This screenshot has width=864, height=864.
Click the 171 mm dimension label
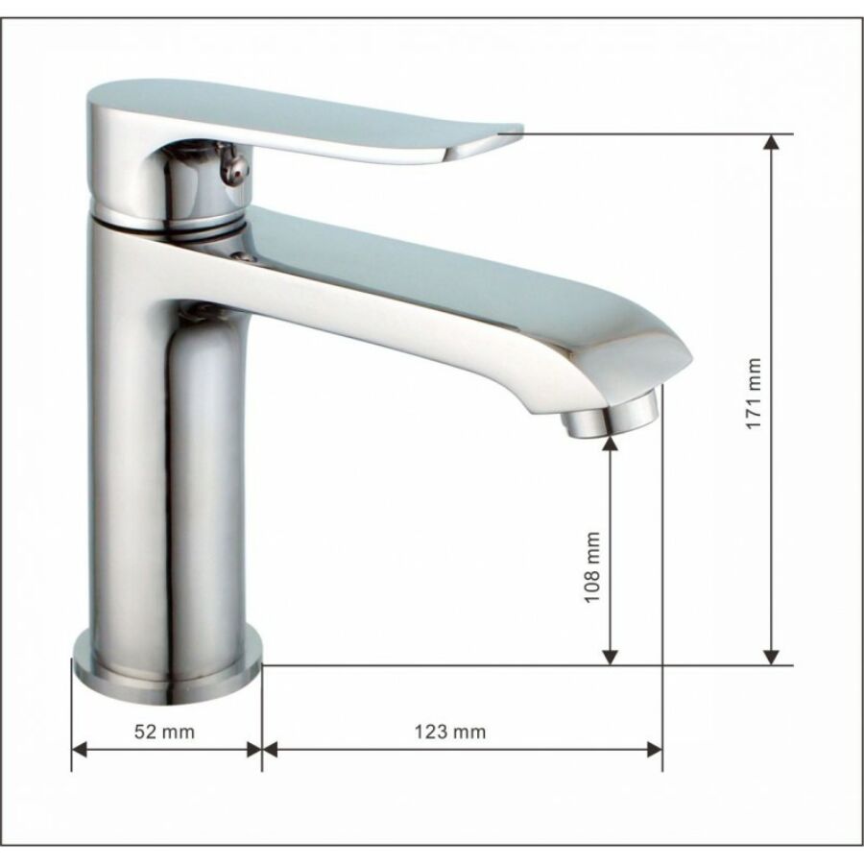pos(754,393)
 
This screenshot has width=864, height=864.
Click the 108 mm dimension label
pos(592,567)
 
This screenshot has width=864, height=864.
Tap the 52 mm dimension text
pos(164,732)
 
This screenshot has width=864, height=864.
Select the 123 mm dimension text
pos(450,732)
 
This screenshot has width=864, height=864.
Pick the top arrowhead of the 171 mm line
pos(772,142)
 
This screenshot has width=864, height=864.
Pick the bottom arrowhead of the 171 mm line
pos(772,657)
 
